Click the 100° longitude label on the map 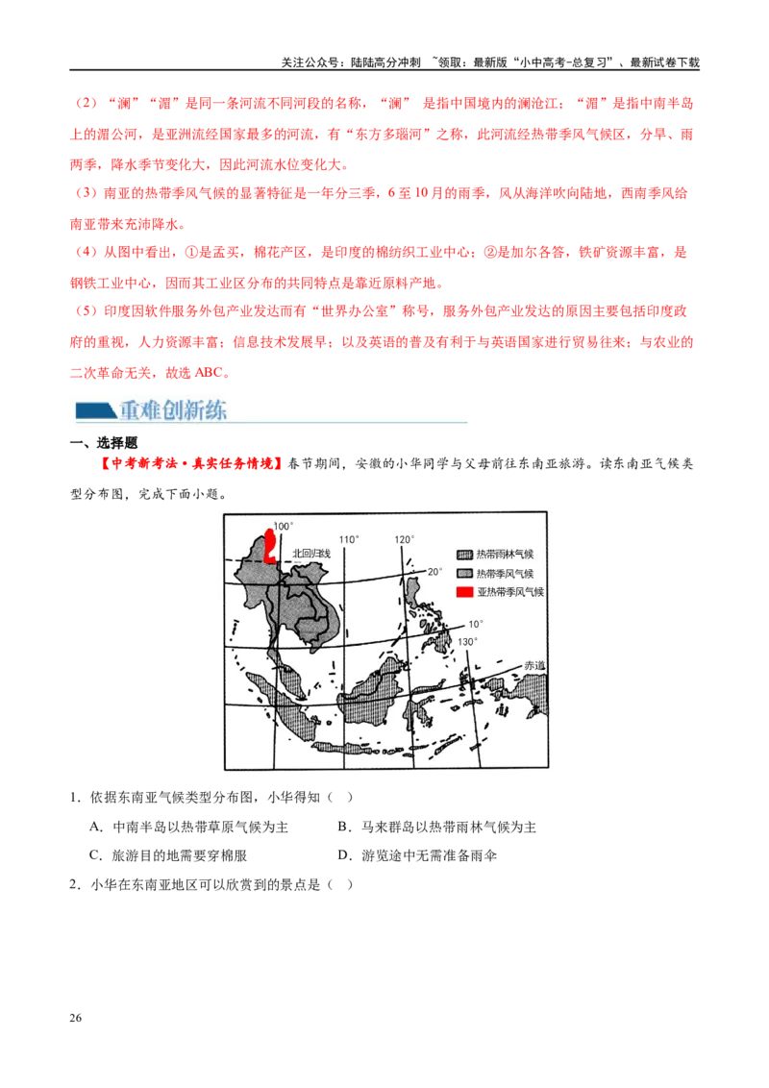coord(282,527)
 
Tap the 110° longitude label coord(347,539)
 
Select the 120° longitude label coord(404,539)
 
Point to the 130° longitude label coord(467,641)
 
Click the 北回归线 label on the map coord(311,555)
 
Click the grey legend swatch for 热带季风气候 coord(464,574)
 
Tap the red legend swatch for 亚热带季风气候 coord(464,592)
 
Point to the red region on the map coord(271,546)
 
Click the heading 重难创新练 coord(174,410)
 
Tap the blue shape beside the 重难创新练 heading coord(92,410)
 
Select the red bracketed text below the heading coord(191,463)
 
